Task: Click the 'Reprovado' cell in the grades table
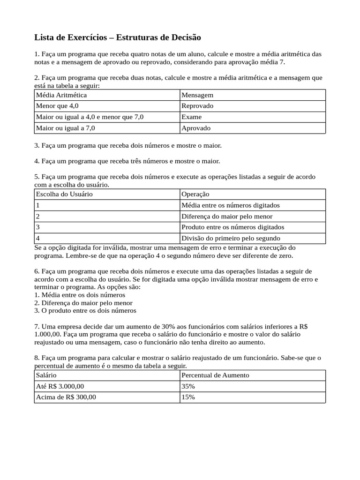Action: coord(197,106)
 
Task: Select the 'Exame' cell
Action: coord(192,117)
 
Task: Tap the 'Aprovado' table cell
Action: coord(196,128)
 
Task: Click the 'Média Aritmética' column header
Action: coord(61,95)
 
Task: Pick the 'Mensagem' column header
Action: coord(197,95)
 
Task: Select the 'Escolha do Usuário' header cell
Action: coord(64,194)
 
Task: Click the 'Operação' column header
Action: coord(195,194)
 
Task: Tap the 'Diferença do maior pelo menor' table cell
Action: coord(227,216)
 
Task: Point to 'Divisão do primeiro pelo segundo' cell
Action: coord(231,238)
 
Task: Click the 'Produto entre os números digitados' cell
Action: coord(232,227)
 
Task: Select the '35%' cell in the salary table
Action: coord(188,386)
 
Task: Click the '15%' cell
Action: coord(188,397)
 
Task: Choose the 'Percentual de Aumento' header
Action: coord(215,375)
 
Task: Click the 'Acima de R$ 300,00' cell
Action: coord(66,397)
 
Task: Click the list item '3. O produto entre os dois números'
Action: coord(85,310)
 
